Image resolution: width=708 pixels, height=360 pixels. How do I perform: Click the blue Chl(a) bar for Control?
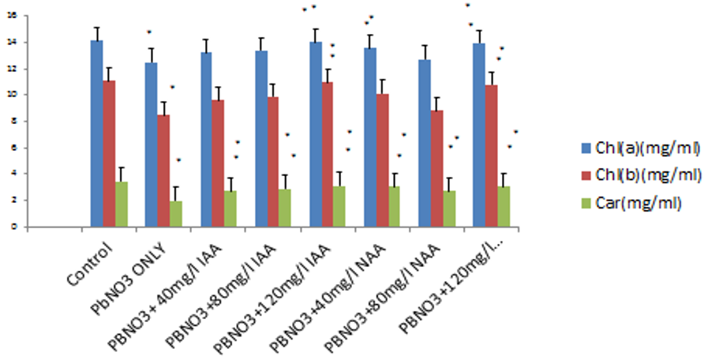point(96,134)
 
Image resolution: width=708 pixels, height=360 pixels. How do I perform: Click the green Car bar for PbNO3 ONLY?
point(176,214)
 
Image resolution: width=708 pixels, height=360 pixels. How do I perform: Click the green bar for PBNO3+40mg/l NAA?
point(395,207)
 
